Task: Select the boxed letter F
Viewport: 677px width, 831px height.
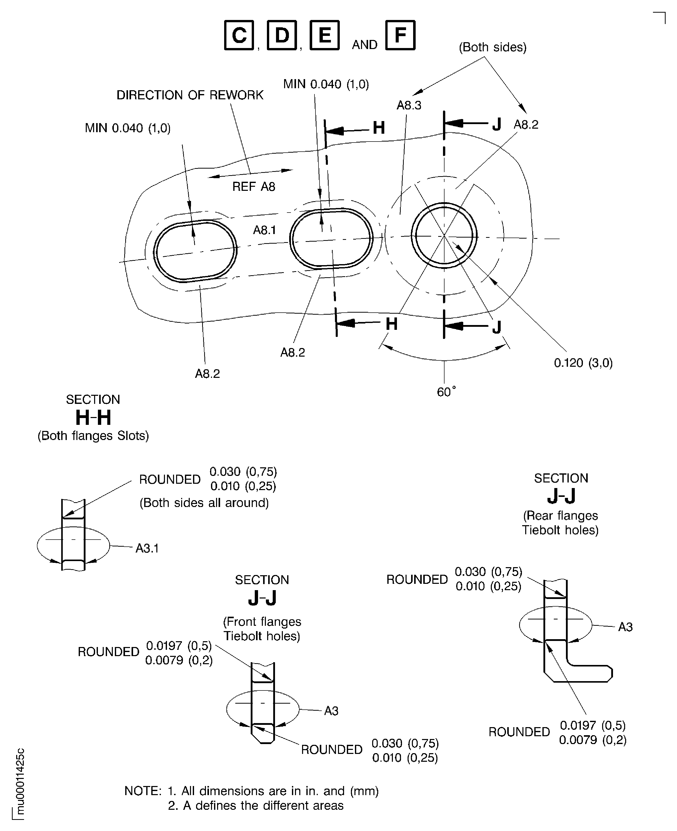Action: [x=400, y=35]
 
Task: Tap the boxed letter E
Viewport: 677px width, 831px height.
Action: [x=325, y=35]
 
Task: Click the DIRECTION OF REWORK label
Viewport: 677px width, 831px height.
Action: [x=190, y=95]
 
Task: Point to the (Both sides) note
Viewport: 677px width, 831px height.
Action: [x=493, y=47]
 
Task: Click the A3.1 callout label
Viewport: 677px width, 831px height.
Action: [x=147, y=548]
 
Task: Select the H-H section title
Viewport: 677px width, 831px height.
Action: [x=93, y=418]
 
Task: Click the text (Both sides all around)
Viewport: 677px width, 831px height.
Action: [x=204, y=503]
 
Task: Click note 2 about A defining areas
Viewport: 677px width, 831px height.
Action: [x=256, y=805]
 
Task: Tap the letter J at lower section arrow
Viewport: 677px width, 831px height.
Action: [x=496, y=327]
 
